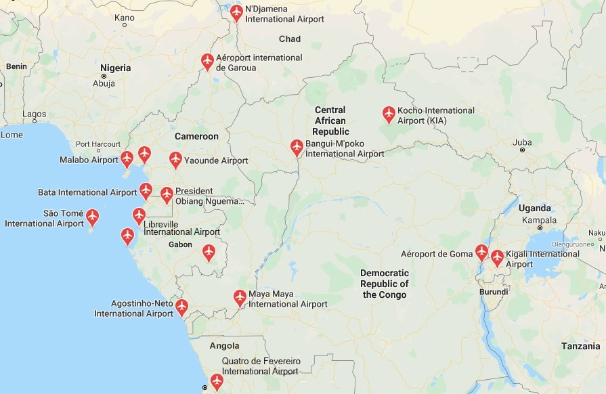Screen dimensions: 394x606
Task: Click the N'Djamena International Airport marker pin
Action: [x=236, y=12]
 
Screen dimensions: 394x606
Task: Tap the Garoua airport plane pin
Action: [x=208, y=61]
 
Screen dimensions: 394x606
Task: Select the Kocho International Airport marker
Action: [x=389, y=114]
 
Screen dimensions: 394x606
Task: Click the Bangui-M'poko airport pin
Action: [x=297, y=147]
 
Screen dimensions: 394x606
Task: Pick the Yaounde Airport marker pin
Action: [x=175, y=160]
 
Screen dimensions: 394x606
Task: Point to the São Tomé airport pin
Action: [x=92, y=217]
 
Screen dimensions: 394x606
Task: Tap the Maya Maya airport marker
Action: [x=240, y=297]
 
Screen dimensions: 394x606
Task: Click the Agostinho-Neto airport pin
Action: [x=181, y=307]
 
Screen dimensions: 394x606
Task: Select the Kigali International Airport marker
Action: [x=497, y=258]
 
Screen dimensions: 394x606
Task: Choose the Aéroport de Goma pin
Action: [x=481, y=253]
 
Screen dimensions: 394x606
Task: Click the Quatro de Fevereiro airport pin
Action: [x=217, y=381]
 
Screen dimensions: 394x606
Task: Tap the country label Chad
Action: [x=290, y=39]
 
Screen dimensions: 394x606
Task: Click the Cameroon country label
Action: [x=196, y=136]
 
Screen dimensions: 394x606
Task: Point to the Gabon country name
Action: [x=180, y=244]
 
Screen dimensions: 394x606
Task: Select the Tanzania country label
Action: [x=580, y=346]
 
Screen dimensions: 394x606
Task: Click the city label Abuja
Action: [x=104, y=84]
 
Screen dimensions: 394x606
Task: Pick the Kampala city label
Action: [x=538, y=220]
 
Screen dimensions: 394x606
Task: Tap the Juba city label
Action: [x=522, y=142]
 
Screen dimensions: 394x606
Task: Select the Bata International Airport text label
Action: [x=87, y=192]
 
